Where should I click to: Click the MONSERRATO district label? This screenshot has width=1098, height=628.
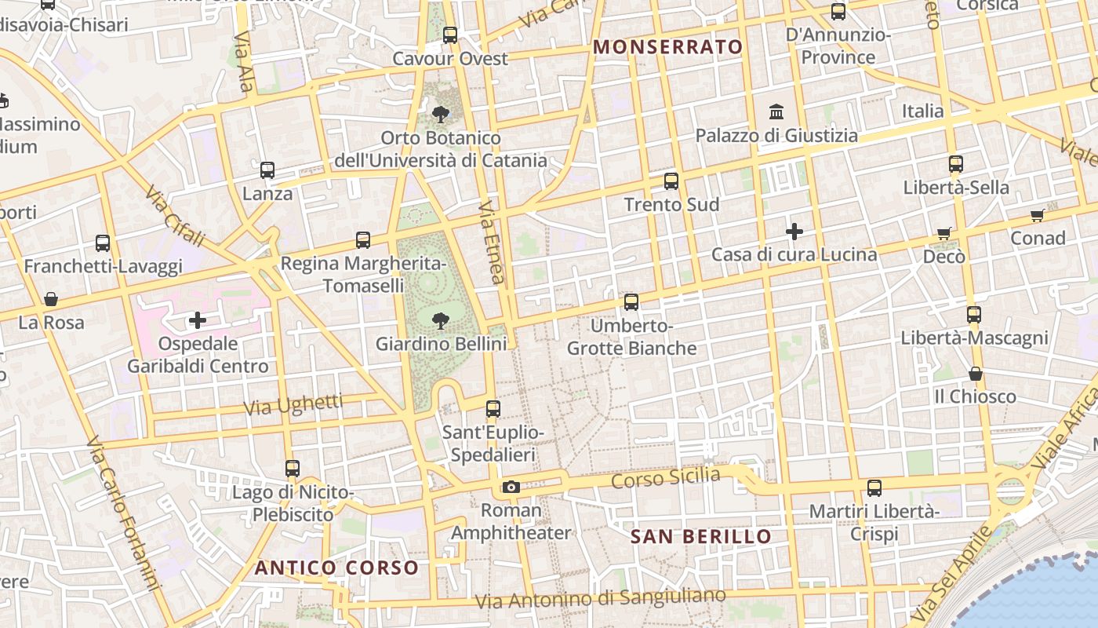click(667, 47)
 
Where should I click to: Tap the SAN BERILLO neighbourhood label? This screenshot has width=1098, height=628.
click(701, 537)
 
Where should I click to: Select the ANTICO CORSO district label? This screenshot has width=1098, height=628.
click(336, 568)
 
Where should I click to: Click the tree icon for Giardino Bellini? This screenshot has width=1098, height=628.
click(440, 319)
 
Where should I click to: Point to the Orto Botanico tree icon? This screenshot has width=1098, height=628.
click(441, 115)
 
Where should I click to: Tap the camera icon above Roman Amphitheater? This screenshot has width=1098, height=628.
click(511, 487)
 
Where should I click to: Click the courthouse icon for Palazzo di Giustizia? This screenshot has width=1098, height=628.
click(776, 111)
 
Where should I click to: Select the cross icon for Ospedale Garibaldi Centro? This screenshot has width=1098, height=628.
click(198, 319)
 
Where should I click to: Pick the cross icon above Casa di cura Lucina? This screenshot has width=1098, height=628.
click(794, 232)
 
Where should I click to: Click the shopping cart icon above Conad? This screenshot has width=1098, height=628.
click(1038, 215)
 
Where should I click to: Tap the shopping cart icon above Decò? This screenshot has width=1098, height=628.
click(944, 233)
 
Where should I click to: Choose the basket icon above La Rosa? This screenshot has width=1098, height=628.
click(51, 299)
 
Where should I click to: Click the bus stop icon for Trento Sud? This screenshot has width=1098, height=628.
click(671, 181)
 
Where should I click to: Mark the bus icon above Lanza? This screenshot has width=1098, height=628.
click(267, 170)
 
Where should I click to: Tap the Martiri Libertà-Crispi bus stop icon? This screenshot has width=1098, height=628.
click(874, 488)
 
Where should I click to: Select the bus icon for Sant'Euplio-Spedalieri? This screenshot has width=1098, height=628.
click(493, 409)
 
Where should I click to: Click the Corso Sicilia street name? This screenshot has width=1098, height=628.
click(665, 478)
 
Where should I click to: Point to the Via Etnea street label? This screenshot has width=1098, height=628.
click(493, 243)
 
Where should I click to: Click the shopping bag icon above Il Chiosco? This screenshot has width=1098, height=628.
click(976, 374)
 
